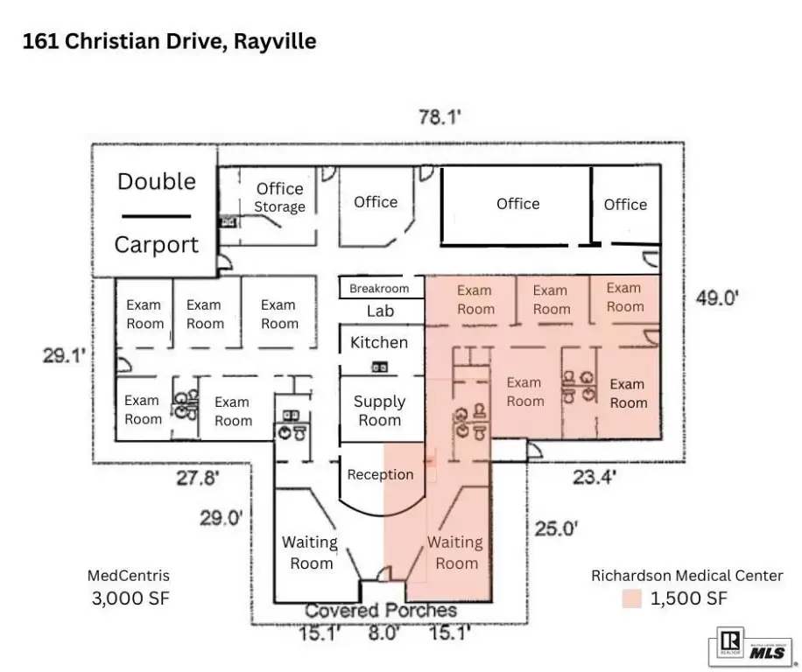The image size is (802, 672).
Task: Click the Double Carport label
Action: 157,213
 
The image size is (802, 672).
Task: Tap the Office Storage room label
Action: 280,197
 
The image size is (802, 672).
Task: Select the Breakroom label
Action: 379,288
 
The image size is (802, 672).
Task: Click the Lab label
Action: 380,311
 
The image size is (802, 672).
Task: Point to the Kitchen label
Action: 379,342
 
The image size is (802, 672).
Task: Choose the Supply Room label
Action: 379,411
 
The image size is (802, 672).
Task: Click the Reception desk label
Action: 380,475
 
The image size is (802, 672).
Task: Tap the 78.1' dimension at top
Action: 440,117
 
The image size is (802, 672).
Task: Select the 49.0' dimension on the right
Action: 717,297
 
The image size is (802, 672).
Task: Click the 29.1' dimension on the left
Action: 64,354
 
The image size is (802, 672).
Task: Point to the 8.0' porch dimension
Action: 383,633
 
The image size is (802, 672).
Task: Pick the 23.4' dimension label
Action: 594,477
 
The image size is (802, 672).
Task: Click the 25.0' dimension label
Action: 557,528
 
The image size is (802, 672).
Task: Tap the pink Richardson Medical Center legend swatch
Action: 631,598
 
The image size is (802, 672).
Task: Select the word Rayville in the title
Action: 275,41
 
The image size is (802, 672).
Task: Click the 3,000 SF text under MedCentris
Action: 130,598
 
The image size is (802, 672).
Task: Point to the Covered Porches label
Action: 381,611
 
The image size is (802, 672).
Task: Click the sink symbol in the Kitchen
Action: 379,367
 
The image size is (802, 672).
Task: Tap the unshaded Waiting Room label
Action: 310,553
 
